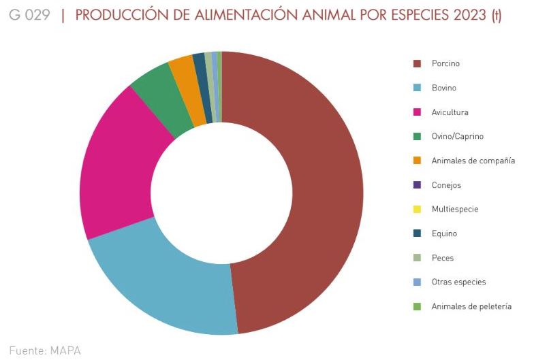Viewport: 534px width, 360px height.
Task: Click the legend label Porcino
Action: (445, 63)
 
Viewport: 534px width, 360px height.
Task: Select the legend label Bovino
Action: (443, 88)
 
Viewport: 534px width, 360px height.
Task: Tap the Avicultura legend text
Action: (450, 112)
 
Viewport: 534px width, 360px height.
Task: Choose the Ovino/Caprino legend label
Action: (457, 136)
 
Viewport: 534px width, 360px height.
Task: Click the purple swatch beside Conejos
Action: (417, 185)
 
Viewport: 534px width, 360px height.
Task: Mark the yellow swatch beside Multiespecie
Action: (417, 209)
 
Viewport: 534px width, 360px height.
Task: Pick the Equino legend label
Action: (444, 233)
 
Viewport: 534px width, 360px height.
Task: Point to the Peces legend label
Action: (442, 258)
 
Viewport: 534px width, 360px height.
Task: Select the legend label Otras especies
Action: (458, 282)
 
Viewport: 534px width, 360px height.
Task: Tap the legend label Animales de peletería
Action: (471, 306)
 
